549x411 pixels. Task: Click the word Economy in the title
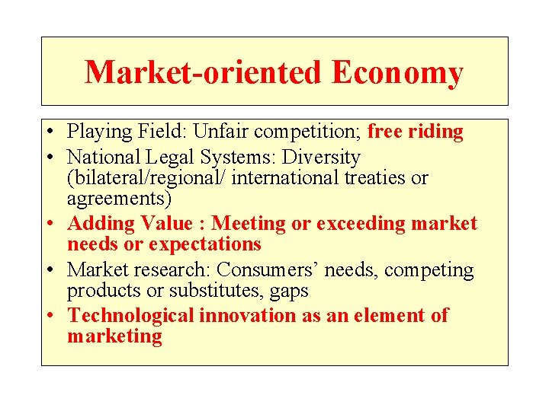[397, 73]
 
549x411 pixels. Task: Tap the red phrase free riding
[415, 132]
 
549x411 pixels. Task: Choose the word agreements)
[120, 199]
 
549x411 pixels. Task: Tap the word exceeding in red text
[355, 224]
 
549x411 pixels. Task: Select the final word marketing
[114, 336]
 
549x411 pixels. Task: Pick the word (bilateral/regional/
[150, 178]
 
